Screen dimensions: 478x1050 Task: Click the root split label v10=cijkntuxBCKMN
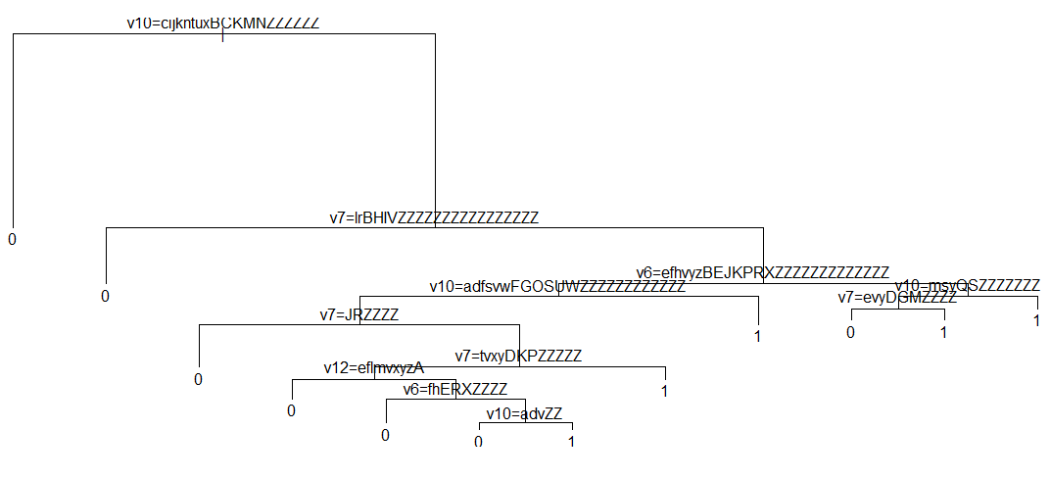(x=223, y=23)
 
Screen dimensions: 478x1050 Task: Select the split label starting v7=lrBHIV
(x=434, y=217)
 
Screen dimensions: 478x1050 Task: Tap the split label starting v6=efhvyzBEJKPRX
(x=763, y=272)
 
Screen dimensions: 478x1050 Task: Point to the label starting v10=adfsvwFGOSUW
(x=557, y=287)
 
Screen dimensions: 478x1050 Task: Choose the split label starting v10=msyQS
(x=968, y=285)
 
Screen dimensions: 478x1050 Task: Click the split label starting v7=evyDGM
(x=897, y=298)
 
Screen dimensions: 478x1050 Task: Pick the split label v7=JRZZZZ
(x=359, y=314)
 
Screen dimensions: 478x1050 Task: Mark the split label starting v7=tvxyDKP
(x=519, y=356)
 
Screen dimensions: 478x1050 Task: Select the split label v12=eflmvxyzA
(x=374, y=368)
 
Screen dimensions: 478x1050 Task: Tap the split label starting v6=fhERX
(x=455, y=389)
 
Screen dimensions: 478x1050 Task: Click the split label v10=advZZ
(x=526, y=413)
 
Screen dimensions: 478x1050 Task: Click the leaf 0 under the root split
(x=13, y=239)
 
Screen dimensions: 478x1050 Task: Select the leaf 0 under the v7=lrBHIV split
(x=105, y=296)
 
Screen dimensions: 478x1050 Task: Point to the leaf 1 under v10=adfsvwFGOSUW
(x=758, y=336)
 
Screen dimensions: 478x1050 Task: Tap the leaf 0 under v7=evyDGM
(x=850, y=333)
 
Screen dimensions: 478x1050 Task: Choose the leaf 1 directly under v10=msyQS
(x=1036, y=321)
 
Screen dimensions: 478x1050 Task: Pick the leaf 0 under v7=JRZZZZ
(x=198, y=379)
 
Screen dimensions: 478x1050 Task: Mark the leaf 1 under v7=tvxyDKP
(x=665, y=392)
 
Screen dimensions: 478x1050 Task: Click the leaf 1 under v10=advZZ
(x=572, y=442)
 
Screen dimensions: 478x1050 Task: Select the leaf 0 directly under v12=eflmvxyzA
(x=291, y=410)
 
